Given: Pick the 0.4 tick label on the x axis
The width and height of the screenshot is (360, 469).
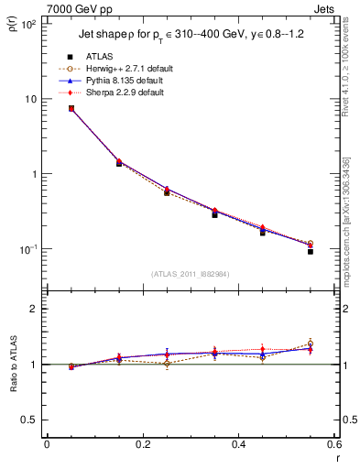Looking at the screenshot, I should pos(238,445).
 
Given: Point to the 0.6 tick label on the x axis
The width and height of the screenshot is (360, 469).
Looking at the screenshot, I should pos(332,445).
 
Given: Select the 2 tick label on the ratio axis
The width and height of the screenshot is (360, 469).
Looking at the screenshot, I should pos(34,310).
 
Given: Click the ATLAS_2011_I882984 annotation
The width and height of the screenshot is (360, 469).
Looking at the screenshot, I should pos(191,273).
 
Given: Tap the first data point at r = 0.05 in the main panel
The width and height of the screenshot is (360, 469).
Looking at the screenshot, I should pos(71,108).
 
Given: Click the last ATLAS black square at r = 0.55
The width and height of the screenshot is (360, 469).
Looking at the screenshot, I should pos(310,250).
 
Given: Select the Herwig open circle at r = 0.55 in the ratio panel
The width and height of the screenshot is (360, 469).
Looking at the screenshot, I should pos(310,344).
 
